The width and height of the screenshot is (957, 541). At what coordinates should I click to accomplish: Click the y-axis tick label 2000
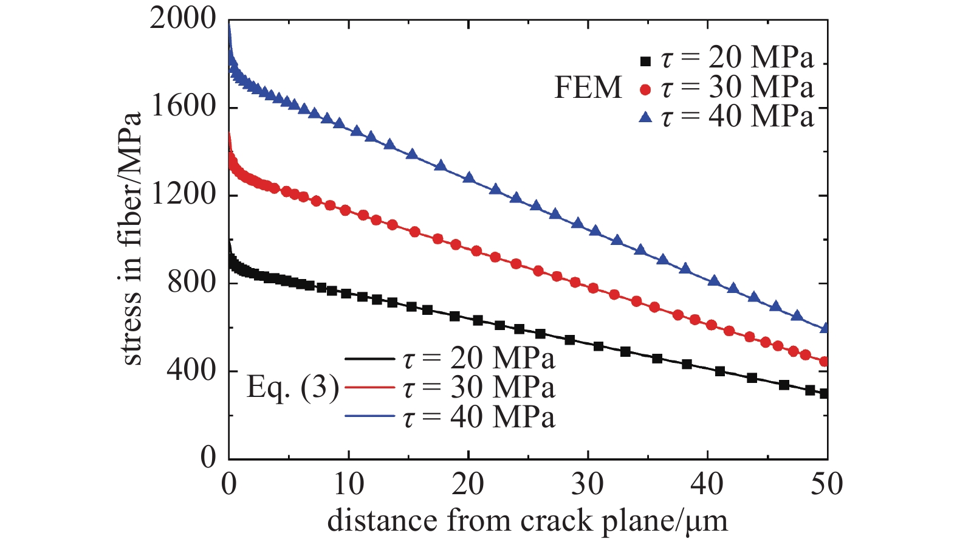182,20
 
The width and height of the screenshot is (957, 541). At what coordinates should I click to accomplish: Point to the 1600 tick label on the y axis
184,107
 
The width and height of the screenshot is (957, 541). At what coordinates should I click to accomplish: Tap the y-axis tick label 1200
184,195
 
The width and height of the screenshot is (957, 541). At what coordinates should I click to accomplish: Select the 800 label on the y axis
191,283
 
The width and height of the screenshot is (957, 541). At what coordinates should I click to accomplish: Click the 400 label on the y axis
191,371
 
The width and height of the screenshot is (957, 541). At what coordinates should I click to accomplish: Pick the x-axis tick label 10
349,484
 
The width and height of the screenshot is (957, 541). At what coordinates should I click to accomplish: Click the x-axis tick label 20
468,484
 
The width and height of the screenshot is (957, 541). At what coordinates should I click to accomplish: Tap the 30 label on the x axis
588,484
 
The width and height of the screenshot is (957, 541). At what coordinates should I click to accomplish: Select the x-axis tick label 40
707,484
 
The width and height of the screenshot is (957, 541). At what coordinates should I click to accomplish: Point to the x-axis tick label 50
827,484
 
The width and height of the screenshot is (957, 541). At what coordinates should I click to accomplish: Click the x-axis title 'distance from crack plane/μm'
527,522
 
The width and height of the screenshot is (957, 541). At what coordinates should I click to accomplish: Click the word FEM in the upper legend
588,88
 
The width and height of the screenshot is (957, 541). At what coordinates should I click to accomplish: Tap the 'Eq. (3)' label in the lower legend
293,389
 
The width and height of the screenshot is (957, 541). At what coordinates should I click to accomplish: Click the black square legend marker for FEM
645,61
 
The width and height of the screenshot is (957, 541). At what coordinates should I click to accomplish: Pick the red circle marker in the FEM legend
645,90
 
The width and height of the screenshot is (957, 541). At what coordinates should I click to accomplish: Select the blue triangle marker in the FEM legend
645,117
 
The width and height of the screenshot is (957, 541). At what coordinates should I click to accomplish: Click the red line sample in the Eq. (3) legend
370,387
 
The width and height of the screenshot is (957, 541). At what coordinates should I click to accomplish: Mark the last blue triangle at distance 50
824,327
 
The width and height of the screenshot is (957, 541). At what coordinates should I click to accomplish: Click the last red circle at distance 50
824,362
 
